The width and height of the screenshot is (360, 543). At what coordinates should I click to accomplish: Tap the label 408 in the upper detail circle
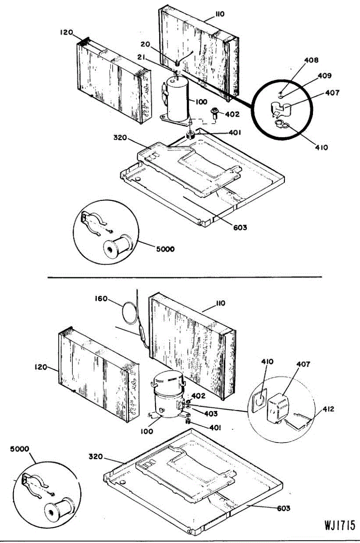tap(298, 59)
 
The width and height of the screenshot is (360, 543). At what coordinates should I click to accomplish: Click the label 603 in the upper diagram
tap(240, 227)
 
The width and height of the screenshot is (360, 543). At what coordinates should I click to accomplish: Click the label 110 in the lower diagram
tap(220, 303)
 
